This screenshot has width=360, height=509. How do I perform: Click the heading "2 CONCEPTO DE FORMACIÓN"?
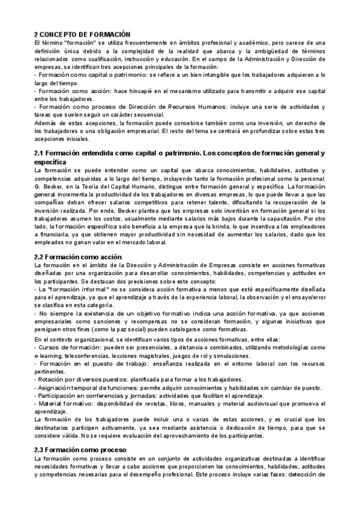tap(82, 35)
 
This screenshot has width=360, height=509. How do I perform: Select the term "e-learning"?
tap(49, 357)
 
